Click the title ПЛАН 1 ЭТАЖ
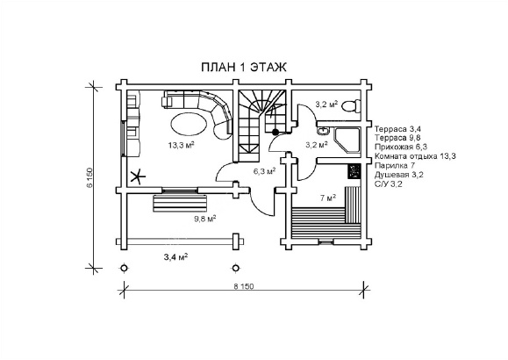(244, 67)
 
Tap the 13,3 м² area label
(181, 145)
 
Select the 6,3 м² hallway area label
(265, 171)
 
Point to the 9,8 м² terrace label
(205, 219)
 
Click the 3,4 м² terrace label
(176, 257)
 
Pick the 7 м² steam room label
(328, 198)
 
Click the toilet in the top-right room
(351, 106)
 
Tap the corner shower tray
(347, 140)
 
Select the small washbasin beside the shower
(323, 131)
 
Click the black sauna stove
(354, 171)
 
